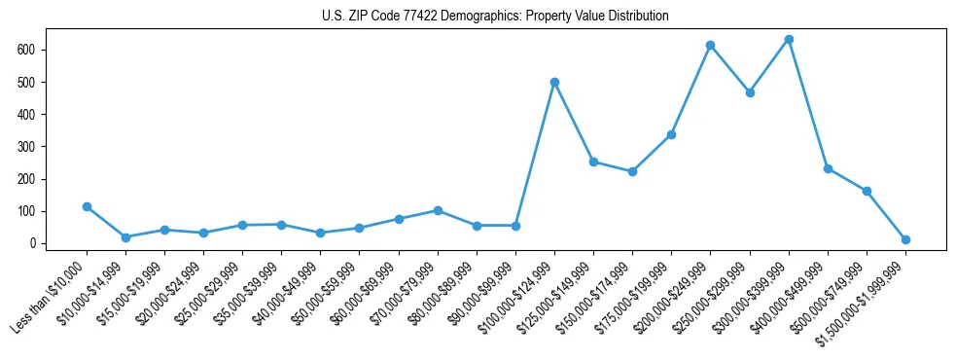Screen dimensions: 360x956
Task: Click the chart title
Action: (495, 17)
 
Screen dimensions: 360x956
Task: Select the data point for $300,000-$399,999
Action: (789, 39)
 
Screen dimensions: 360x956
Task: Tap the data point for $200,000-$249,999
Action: (711, 45)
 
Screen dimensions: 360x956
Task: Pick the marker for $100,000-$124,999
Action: (554, 82)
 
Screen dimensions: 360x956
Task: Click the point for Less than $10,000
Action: (87, 206)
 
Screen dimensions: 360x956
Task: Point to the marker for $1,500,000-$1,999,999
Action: (905, 239)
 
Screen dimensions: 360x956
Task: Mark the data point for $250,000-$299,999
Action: (750, 92)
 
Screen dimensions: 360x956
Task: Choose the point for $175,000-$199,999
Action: (671, 134)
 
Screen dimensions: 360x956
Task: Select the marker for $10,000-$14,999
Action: (125, 237)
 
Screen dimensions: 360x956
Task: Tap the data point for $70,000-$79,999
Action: (438, 210)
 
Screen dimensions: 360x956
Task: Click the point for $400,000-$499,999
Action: (828, 168)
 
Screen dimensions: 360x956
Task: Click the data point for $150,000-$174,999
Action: (632, 171)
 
